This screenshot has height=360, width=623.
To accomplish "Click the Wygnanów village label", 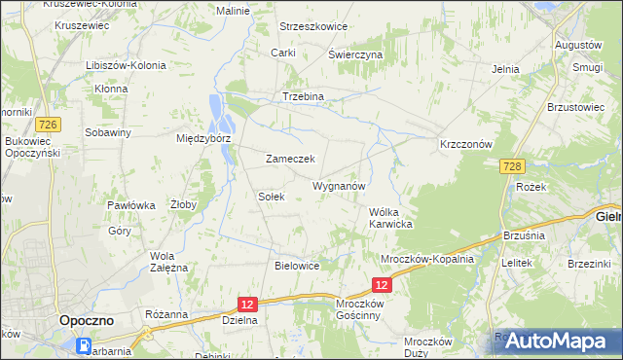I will pos(339,185).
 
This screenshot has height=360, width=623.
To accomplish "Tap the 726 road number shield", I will pos(46,124).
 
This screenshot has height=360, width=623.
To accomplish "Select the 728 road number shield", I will pos(515,166).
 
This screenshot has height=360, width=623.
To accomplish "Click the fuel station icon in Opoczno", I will pos(86,344).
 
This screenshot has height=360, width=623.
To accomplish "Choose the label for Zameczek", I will pos(289,159).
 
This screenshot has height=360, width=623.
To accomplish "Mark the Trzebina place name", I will pos(302,97).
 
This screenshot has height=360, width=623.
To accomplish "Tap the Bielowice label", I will pos(298,265).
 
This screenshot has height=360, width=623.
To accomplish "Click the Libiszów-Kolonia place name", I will pos(126,65).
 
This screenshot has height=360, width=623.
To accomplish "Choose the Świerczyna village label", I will pos(355,54).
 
